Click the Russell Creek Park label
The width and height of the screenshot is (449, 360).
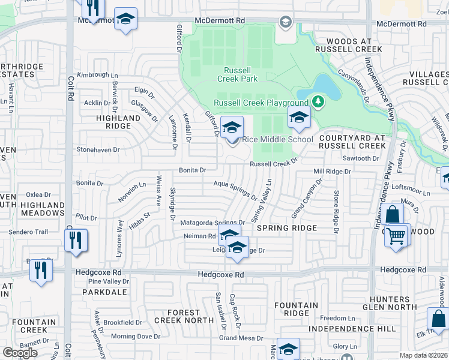click(x=233, y=74)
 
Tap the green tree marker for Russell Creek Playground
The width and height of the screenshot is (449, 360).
click(x=317, y=102)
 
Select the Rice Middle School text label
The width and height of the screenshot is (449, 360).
click(x=277, y=140)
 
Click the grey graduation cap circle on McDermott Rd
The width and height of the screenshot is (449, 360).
click(x=286, y=23)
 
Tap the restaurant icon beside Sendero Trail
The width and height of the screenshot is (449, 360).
click(x=76, y=241)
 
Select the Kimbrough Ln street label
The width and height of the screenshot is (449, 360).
click(x=98, y=75)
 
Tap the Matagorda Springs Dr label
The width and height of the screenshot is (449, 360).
click(x=212, y=223)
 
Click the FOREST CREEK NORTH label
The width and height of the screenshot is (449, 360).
click(x=183, y=316)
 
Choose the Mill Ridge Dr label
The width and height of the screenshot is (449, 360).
click(x=332, y=172)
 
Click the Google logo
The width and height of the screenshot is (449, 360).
click(x=20, y=352)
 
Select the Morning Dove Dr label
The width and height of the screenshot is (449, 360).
click(x=131, y=337)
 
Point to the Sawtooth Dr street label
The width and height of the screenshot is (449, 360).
click(x=360, y=158)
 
